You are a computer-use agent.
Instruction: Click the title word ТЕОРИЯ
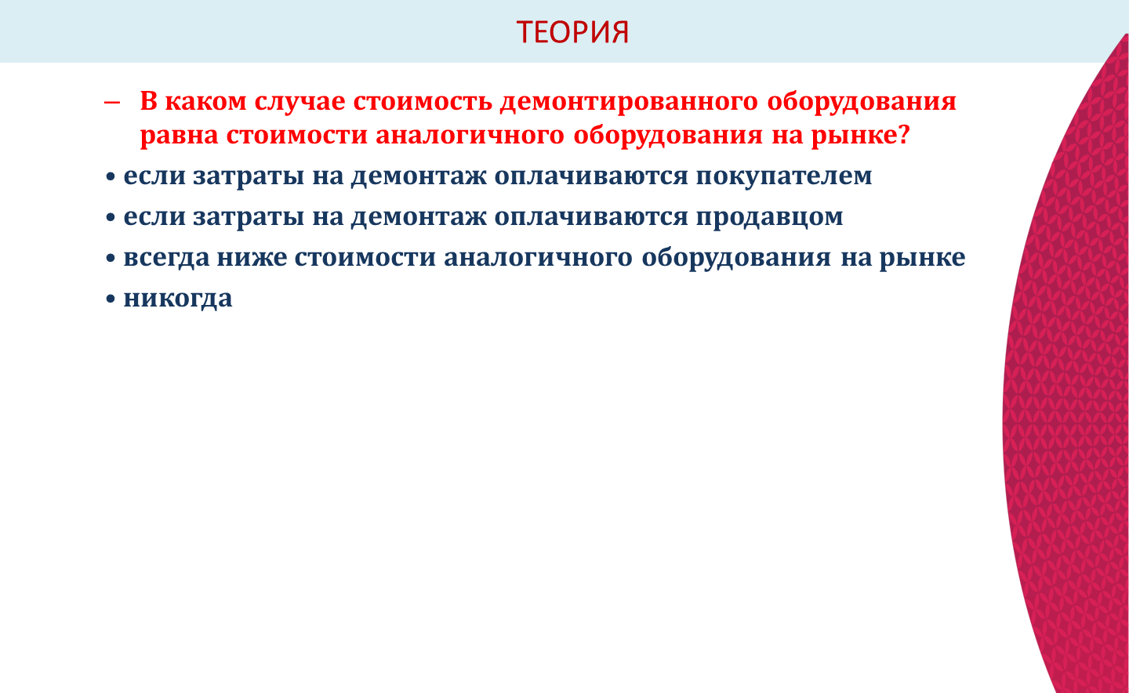tap(572, 32)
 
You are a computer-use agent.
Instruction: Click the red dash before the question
tap(112, 103)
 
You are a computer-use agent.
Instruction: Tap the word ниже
tap(252, 257)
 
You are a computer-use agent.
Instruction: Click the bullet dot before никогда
tap(111, 299)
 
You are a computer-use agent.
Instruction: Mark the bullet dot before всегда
tap(111, 258)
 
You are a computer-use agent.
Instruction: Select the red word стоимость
tap(423, 101)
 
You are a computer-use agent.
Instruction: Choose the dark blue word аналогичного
tap(538, 258)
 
